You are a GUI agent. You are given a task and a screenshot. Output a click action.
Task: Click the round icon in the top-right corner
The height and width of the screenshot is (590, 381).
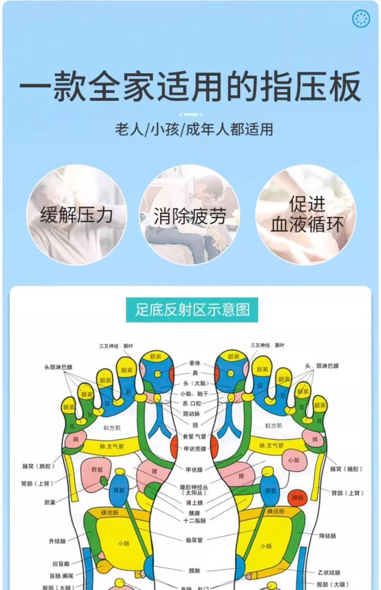pyautogui.click(x=361, y=18)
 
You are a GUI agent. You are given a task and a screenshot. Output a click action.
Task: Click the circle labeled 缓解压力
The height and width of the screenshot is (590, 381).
pyautogui.click(x=77, y=215)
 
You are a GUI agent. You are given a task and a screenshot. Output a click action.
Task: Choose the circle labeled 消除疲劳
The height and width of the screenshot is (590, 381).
pyautogui.click(x=190, y=215)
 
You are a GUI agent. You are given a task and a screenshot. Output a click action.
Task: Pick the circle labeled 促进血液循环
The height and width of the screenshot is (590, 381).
pyautogui.click(x=306, y=215)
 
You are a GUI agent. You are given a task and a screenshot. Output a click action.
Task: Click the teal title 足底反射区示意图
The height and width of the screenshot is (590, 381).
pyautogui.click(x=192, y=310)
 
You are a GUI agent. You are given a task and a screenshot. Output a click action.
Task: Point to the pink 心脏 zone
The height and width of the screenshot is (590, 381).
pyautogui.click(x=294, y=460)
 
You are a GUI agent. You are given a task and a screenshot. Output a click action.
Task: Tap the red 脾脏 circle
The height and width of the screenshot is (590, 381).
pyautogui.click(x=298, y=498)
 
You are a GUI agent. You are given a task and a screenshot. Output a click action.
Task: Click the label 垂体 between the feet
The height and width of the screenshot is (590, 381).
pyautogui.click(x=195, y=363)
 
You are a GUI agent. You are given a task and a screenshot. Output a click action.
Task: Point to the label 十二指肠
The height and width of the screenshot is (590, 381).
pyautogui.click(x=195, y=520)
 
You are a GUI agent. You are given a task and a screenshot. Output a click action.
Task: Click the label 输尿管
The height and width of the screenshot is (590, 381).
pyautogui.click(x=195, y=540)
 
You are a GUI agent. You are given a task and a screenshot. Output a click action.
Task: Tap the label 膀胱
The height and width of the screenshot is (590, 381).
pyautogui.click(x=195, y=570)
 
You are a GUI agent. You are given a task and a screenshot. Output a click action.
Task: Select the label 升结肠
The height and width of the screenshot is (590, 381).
pyautogui.click(x=57, y=541)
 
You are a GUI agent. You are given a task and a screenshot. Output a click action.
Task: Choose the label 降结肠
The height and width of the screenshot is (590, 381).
pyautogui.click(x=328, y=536)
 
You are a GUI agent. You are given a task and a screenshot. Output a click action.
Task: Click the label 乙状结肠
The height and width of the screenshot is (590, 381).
pyautogui.click(x=329, y=573)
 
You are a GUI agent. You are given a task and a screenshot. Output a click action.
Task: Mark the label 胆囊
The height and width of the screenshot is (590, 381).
pyautogui.click(x=50, y=502)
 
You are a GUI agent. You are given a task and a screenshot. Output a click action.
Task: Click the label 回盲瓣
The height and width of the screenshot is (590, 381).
pyautogui.click(x=61, y=564)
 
